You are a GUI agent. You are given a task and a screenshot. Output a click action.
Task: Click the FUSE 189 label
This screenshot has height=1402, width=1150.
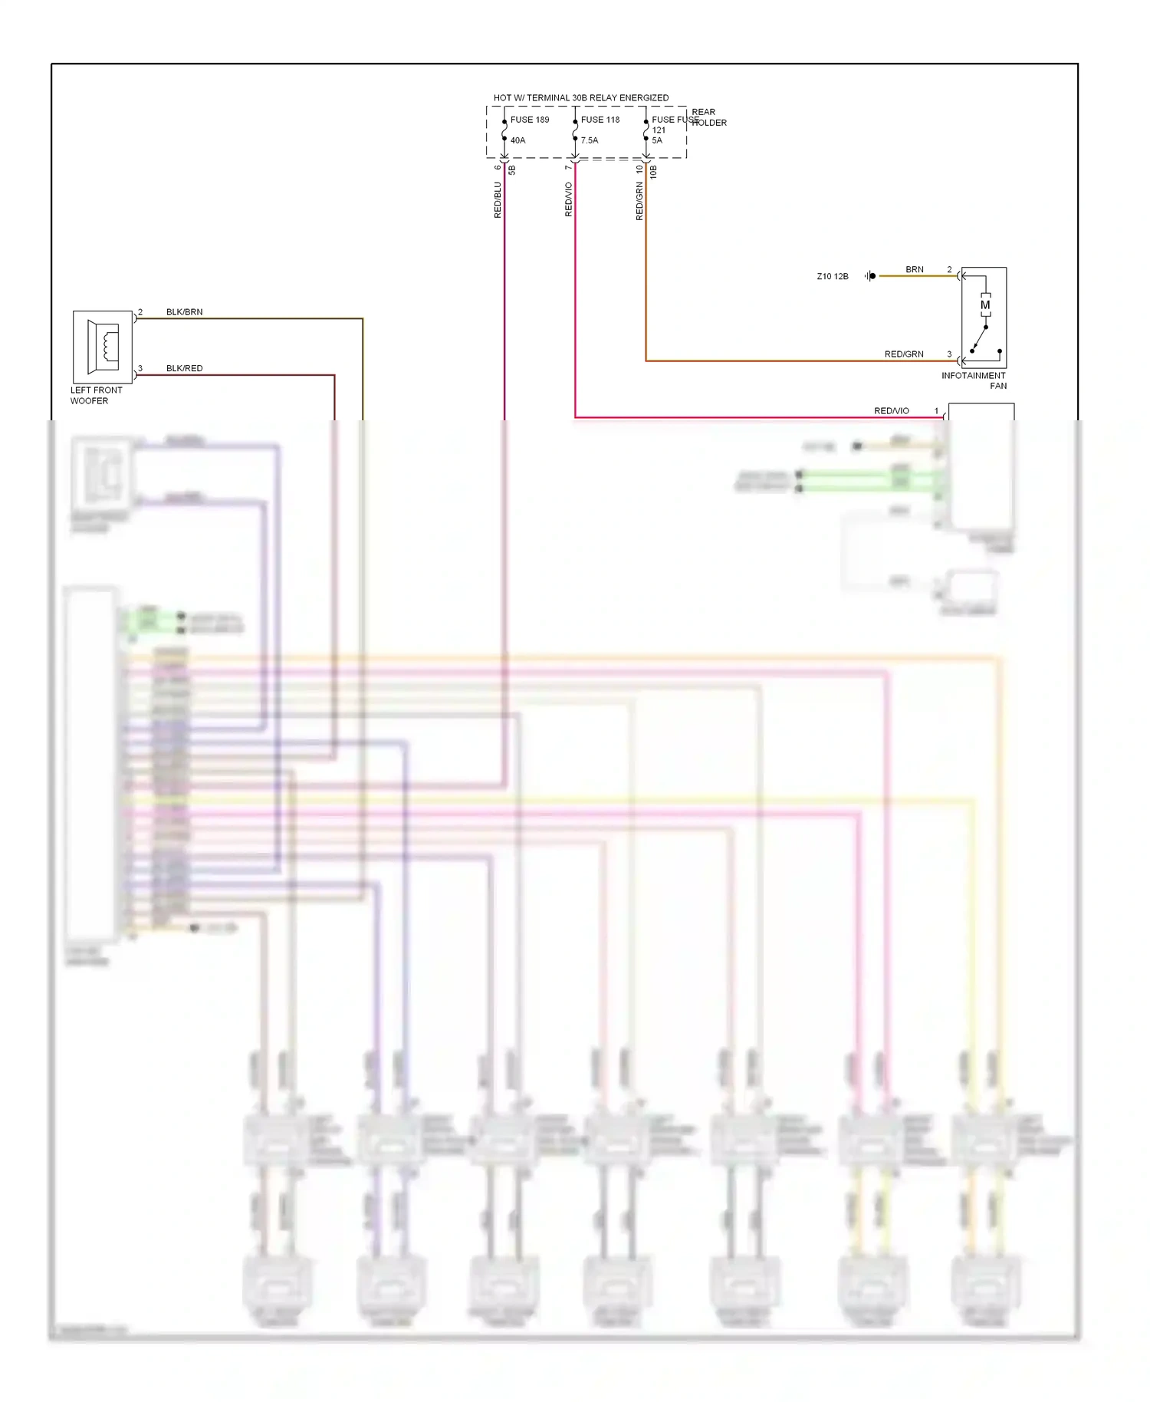[530, 120]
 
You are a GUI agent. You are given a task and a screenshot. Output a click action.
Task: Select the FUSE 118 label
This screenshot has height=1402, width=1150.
[600, 120]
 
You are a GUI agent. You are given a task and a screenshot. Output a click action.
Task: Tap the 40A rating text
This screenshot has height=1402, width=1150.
[518, 140]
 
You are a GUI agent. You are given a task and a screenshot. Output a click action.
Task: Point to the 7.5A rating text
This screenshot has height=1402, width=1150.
[590, 140]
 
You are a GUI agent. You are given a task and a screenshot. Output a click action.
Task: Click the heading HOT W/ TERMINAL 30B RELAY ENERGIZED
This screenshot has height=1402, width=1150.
[581, 98]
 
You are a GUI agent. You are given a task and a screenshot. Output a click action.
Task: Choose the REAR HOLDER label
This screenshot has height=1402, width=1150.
[708, 117]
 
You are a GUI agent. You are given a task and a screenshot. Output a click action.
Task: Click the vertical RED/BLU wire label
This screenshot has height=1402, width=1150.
[498, 200]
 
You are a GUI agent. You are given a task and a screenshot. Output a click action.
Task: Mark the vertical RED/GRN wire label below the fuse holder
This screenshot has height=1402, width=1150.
[639, 202]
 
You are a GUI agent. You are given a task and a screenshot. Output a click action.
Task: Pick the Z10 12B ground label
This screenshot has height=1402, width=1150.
[833, 277]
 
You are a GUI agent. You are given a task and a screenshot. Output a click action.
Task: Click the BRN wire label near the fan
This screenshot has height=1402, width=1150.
[915, 270]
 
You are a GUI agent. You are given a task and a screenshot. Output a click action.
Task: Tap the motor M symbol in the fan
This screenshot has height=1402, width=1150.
[985, 305]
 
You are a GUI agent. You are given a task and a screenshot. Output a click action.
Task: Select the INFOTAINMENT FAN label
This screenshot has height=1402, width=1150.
[974, 380]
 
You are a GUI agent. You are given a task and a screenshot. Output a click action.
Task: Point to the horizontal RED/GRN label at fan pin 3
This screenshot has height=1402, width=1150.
[904, 354]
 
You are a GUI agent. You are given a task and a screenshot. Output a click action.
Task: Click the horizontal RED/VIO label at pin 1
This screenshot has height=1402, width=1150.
[892, 411]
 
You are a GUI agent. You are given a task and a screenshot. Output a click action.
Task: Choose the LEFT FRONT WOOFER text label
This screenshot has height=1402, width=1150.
[96, 396]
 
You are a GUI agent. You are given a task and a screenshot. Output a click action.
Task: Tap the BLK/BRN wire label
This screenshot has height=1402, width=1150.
[185, 312]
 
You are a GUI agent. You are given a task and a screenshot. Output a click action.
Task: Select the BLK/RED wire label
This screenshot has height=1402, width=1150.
[185, 368]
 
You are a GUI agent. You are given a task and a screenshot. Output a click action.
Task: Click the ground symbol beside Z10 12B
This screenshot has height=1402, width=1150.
[870, 276]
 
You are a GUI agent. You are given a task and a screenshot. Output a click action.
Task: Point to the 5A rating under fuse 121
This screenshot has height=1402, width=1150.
[657, 140]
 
